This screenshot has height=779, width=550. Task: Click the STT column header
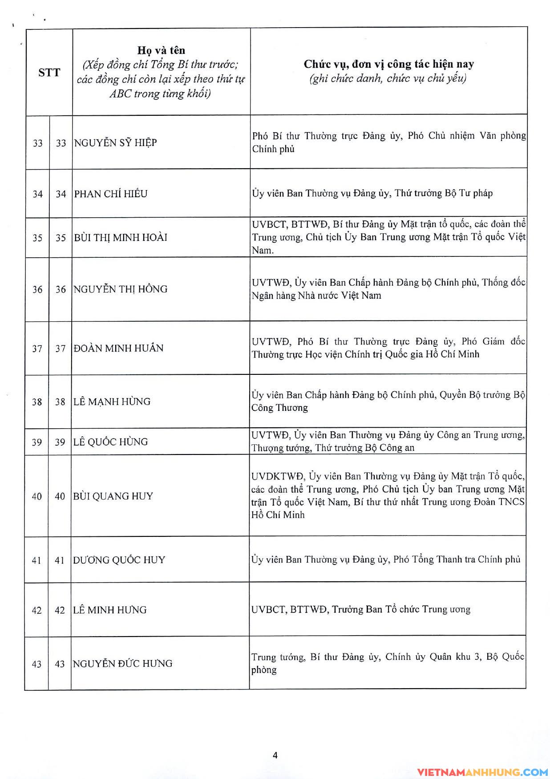(49, 73)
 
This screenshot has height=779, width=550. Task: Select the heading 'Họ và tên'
(161, 50)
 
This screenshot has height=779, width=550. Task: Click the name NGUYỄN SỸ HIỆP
(116, 143)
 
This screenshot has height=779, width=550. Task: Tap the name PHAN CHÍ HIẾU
(111, 194)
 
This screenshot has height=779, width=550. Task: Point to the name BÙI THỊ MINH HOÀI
(121, 238)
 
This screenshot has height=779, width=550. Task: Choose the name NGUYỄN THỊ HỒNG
(121, 289)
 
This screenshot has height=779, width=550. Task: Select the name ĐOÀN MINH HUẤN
(118, 348)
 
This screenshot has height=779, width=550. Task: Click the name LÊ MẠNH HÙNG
(112, 402)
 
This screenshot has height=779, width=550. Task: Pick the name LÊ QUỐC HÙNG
(110, 442)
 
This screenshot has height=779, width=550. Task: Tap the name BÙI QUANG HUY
(113, 496)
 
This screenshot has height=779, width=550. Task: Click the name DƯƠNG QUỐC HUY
(119, 560)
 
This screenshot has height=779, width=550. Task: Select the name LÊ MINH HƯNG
(110, 610)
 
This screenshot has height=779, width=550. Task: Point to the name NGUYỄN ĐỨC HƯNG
(122, 664)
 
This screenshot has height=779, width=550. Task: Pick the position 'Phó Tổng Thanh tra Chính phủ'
(457, 560)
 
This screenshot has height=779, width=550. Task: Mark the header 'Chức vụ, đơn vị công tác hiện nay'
(388, 65)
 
